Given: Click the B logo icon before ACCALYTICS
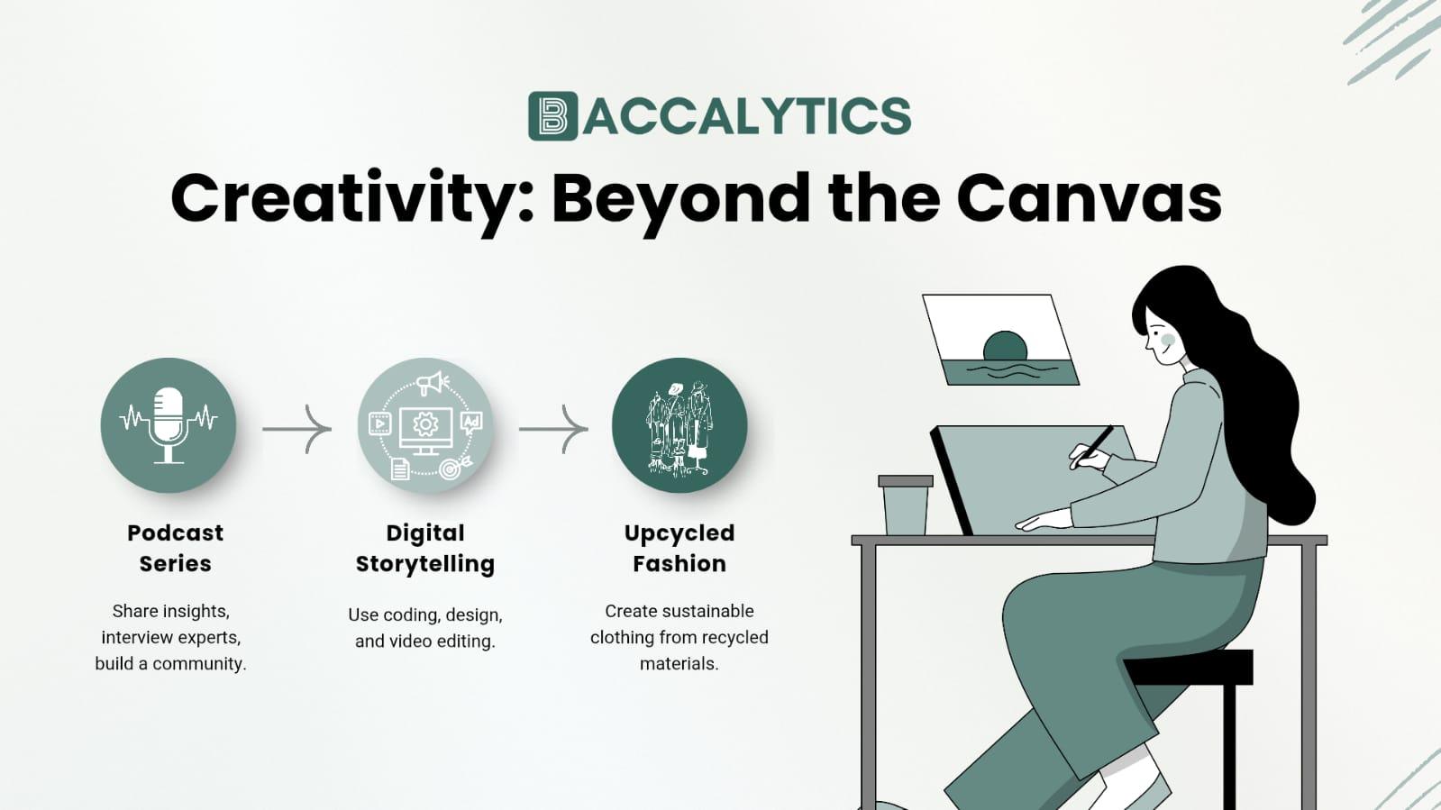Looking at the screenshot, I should tap(552, 116).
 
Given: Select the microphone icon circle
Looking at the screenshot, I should tap(169, 425).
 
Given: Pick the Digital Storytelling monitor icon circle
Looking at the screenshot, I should tap(425, 425).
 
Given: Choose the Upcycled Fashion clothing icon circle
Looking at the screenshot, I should tap(679, 425).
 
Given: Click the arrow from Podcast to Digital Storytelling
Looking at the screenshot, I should tap(297, 429).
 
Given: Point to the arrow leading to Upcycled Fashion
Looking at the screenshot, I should tap(553, 429).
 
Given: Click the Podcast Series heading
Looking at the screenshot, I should tap(175, 548).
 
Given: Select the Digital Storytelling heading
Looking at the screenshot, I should tap(425, 548).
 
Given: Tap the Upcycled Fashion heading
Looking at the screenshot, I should tap(679, 548).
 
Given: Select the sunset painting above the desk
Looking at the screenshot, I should tap(1000, 341).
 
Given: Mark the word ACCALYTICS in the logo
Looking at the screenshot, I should tap(747, 116).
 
